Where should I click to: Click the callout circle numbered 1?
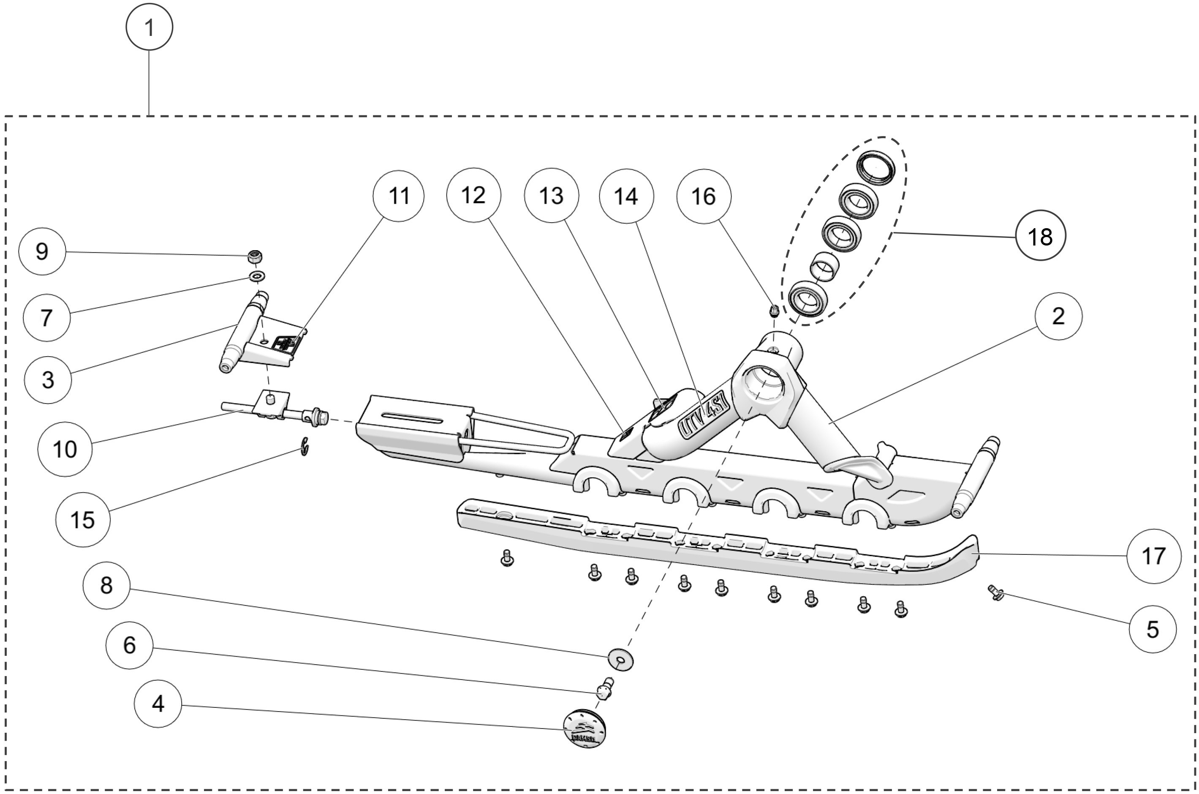tap(150, 27)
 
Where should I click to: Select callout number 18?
tap(1041, 236)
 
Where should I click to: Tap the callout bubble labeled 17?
tap(1153, 556)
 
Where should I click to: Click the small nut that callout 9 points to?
tap(255, 257)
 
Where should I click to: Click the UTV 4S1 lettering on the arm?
tap(703, 417)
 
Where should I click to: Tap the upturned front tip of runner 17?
tap(967, 549)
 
